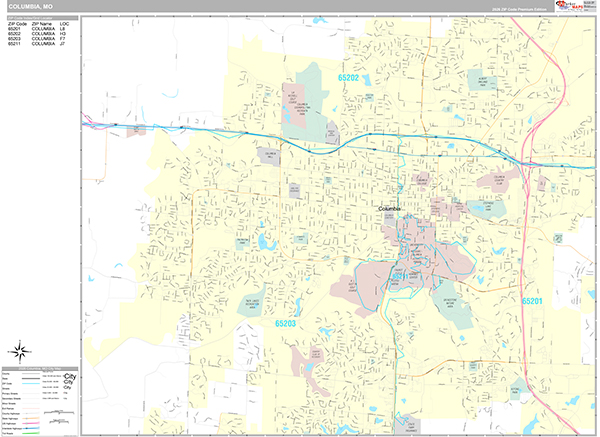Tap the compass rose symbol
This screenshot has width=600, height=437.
20,351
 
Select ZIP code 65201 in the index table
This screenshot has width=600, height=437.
15,28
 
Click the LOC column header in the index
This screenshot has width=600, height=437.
65,23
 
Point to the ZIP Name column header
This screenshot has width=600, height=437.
42,23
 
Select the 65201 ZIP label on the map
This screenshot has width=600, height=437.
531,300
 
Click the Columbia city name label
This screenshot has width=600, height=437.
389,208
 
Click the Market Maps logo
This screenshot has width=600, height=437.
572,7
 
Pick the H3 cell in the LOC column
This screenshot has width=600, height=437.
65,33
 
